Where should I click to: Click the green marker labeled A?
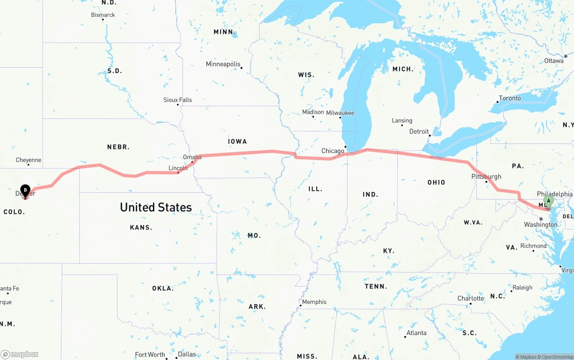(x=548, y=201)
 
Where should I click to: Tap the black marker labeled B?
(x=26, y=191)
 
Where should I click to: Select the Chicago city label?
(x=333, y=151)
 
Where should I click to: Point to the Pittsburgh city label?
(x=486, y=177)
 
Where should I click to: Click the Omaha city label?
(x=192, y=157)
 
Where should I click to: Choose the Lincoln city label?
(x=178, y=168)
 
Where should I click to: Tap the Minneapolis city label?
(x=223, y=64)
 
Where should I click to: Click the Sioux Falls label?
(x=178, y=100)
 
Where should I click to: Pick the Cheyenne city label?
(x=28, y=160)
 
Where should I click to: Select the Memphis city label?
(x=314, y=302)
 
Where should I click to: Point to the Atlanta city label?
(x=416, y=333)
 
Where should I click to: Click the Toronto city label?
(x=510, y=98)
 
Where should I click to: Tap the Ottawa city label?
(x=554, y=61)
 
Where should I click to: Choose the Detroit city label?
(x=419, y=132)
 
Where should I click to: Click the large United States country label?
(x=156, y=207)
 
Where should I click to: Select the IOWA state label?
(x=237, y=141)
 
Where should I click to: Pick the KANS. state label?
(x=141, y=227)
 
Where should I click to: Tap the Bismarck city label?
(x=103, y=15)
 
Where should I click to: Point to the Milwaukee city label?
(x=340, y=113)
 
